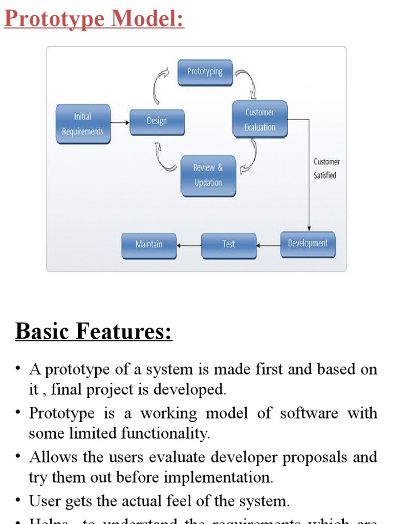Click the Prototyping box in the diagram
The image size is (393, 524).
205,72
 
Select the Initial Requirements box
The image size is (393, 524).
83,124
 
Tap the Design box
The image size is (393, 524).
157,121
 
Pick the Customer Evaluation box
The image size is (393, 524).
259,120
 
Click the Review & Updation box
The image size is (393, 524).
208,176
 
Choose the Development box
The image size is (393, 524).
308,244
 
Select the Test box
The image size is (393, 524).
228,245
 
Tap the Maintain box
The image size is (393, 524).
149,245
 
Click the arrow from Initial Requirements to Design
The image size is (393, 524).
120,122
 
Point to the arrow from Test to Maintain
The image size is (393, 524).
189,245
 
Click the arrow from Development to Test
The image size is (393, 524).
268,245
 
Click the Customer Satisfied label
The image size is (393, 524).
326,168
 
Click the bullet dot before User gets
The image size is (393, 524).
18,500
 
